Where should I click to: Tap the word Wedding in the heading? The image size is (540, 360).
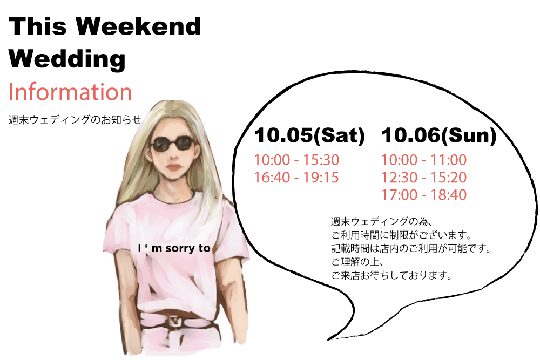tap(67, 59)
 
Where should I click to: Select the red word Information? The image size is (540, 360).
tap(70, 92)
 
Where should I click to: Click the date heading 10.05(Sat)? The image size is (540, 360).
tap(309, 135)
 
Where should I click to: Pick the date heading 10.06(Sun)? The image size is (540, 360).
tap(438, 135)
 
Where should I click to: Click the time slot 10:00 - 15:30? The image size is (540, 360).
tap(296, 160)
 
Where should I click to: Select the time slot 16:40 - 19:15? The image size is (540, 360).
tap(296, 178)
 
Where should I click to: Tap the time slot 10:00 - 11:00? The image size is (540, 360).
tap(424, 160)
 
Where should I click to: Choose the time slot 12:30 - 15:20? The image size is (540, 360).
tap(424, 178)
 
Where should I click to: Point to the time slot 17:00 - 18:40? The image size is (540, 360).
tap(424, 195)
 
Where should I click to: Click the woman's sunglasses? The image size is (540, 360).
tap(173, 144)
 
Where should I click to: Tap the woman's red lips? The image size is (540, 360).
tap(174, 167)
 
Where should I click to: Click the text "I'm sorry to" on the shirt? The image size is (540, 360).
tap(174, 248)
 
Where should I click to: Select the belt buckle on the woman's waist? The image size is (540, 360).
tap(175, 322)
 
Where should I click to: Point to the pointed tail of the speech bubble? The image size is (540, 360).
tap(328, 339)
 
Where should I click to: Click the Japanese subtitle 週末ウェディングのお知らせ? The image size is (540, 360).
tap(75, 120)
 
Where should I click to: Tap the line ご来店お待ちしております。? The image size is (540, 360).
tap(391, 275)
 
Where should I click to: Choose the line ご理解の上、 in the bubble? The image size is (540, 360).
tap(357, 262)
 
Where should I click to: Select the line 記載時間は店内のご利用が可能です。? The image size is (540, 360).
tap(411, 248)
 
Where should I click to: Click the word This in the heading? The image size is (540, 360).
tap(38, 26)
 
